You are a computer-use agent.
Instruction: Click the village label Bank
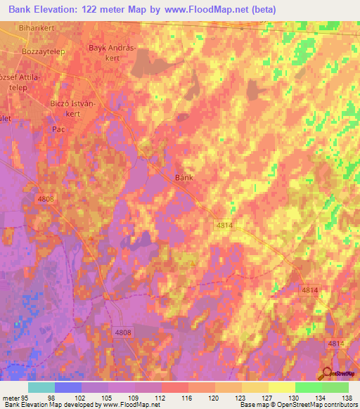[184, 178]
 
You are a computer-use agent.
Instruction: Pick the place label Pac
[58, 130]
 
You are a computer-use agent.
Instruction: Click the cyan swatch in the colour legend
[41, 387]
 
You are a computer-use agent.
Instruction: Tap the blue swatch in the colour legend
[68, 387]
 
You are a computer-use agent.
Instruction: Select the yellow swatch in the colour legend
[281, 387]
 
